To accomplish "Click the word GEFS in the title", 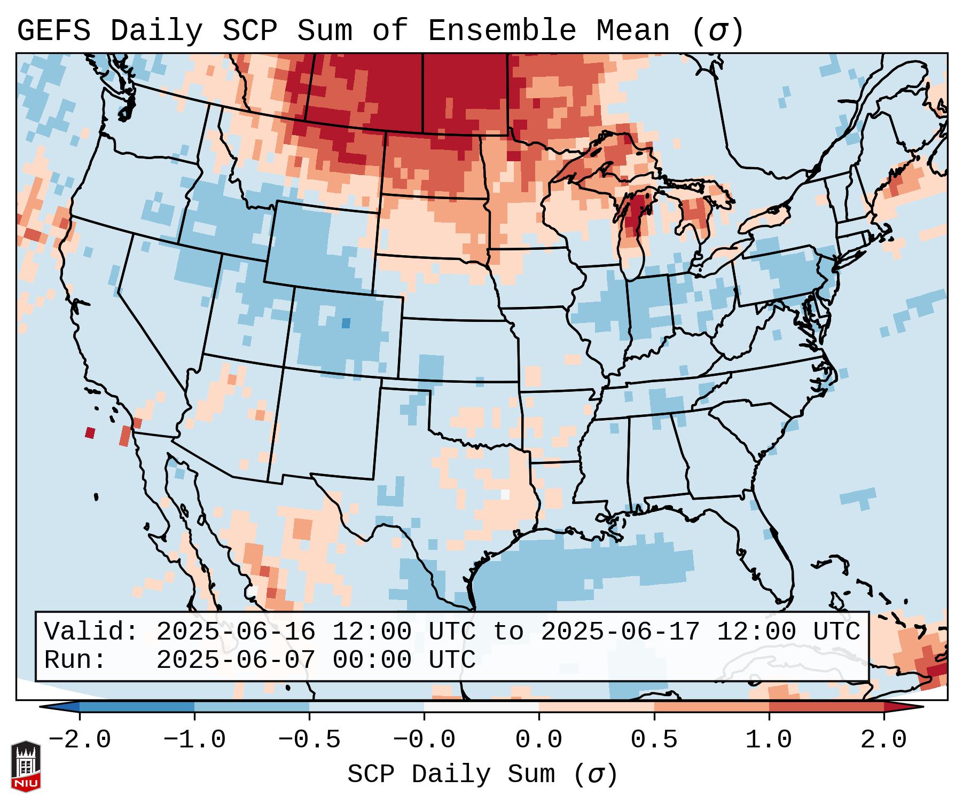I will (53, 31).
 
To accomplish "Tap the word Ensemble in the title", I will (502, 31).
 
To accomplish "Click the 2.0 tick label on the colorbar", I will (884, 740).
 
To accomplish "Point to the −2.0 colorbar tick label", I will (80, 740).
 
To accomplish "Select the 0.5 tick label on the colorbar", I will (654, 740).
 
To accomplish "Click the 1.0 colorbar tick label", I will (769, 740).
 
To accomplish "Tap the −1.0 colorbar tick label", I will (194, 740).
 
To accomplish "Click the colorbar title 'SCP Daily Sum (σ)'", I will (482, 775).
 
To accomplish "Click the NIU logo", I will (26, 766).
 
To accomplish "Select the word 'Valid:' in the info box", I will (91, 632).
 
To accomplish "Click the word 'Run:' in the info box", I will (75, 660).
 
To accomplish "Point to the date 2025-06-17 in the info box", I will (620, 632).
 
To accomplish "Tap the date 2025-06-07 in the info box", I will (236, 660).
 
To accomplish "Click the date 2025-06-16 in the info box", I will (236, 632).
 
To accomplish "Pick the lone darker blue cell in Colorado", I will (346, 323).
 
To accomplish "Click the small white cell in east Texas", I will (505, 495).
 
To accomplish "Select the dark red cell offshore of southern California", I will (90, 432).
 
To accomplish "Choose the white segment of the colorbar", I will (481, 707).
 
